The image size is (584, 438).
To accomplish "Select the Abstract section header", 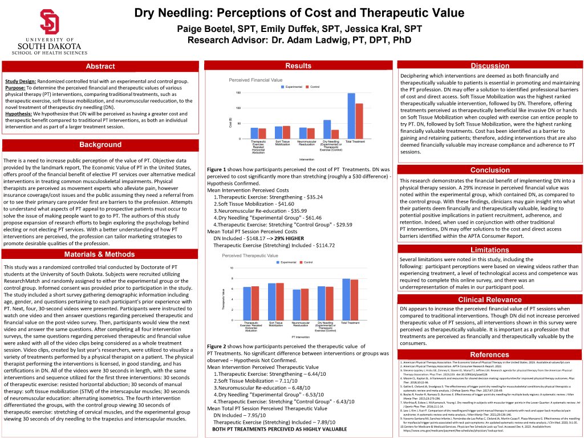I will click(100, 67).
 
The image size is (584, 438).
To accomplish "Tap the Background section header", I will click(100, 145).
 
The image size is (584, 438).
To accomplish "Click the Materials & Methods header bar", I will click(100, 254).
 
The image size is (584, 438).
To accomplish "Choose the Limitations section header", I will click(490, 250).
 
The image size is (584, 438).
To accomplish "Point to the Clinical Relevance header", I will click(490, 299).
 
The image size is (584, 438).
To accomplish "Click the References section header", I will click(490, 355).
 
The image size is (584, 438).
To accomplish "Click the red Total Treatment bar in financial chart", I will click(359, 121).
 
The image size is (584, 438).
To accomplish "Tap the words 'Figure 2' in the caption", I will click(218, 346).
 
